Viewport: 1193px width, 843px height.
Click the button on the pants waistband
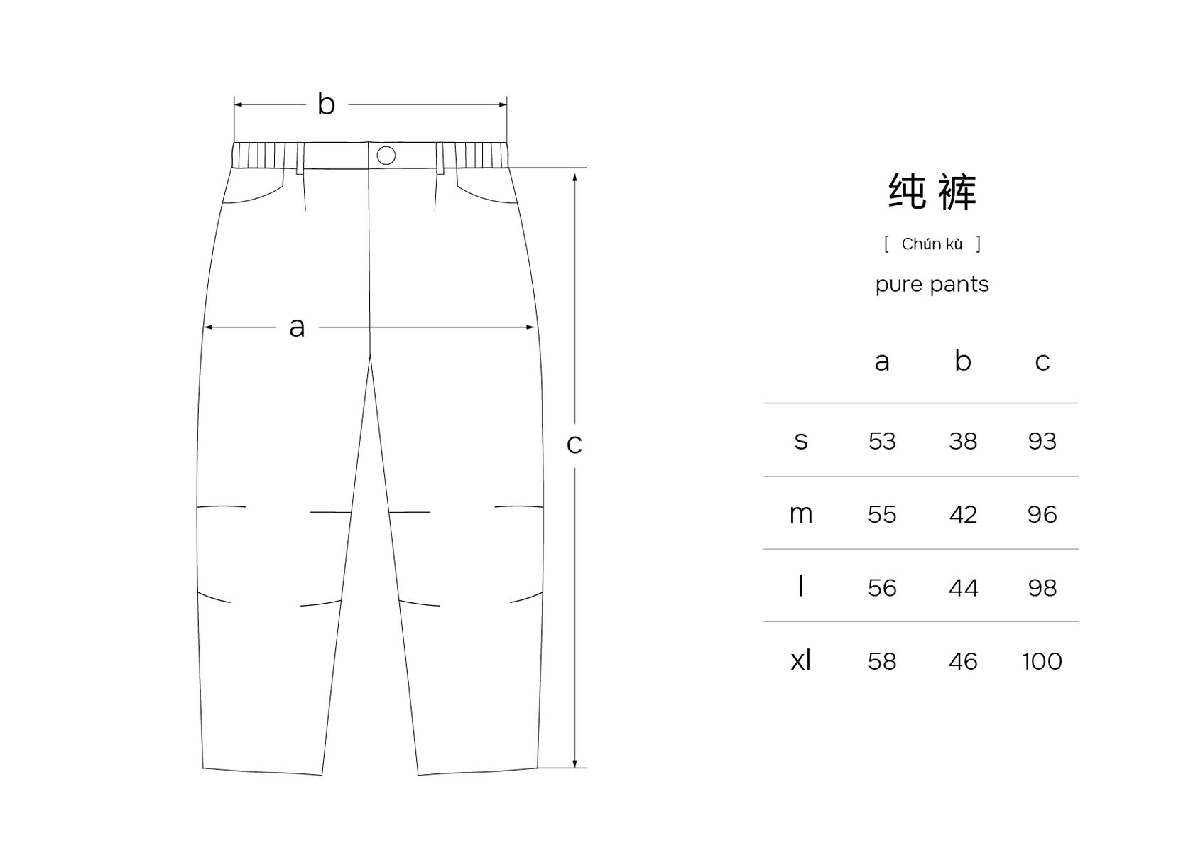click(x=386, y=155)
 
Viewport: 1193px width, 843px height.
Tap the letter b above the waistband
click(x=326, y=104)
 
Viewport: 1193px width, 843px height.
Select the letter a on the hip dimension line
click(x=297, y=327)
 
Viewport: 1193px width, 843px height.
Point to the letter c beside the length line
click(x=574, y=444)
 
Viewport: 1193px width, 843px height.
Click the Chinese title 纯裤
click(x=932, y=192)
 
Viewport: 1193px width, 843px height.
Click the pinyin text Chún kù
click(x=932, y=244)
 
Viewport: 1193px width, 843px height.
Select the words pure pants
click(x=932, y=285)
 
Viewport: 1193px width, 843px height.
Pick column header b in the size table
click(x=962, y=361)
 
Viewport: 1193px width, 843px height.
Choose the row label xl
click(x=800, y=660)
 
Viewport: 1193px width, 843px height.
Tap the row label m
click(x=800, y=514)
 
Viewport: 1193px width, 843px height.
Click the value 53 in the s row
click(x=882, y=441)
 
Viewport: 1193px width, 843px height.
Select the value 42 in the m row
click(x=963, y=514)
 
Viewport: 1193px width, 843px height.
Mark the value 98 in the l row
click(x=1042, y=588)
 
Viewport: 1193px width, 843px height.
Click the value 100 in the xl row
click(x=1042, y=661)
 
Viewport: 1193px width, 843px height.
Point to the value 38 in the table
click(x=963, y=441)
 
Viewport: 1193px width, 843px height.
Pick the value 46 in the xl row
click(x=963, y=661)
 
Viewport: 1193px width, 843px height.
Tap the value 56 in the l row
click(x=882, y=588)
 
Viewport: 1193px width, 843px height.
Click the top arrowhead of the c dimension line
click(x=574, y=174)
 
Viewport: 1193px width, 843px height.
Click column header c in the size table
click(x=1042, y=362)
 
